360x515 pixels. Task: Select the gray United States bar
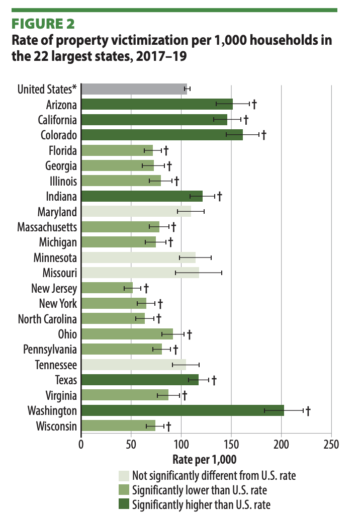point(133,89)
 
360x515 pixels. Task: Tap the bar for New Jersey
point(107,288)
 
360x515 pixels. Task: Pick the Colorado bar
point(161,135)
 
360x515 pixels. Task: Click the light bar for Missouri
point(139,273)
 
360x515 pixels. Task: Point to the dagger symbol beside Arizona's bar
point(254,104)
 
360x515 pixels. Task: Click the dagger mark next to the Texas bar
point(214,379)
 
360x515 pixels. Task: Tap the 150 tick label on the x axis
point(231,445)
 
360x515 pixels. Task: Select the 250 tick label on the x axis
point(331,445)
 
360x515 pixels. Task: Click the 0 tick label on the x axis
point(81,445)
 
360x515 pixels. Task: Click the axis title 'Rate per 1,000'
point(204,459)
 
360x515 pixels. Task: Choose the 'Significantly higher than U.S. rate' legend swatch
point(124,504)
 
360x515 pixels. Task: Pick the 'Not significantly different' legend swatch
point(124,475)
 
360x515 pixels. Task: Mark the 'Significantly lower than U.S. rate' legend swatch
point(124,489)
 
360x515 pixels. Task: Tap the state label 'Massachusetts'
point(47,227)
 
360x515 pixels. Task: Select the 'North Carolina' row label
point(47,318)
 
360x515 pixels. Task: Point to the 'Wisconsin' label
point(56,426)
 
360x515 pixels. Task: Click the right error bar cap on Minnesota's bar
point(211,257)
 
